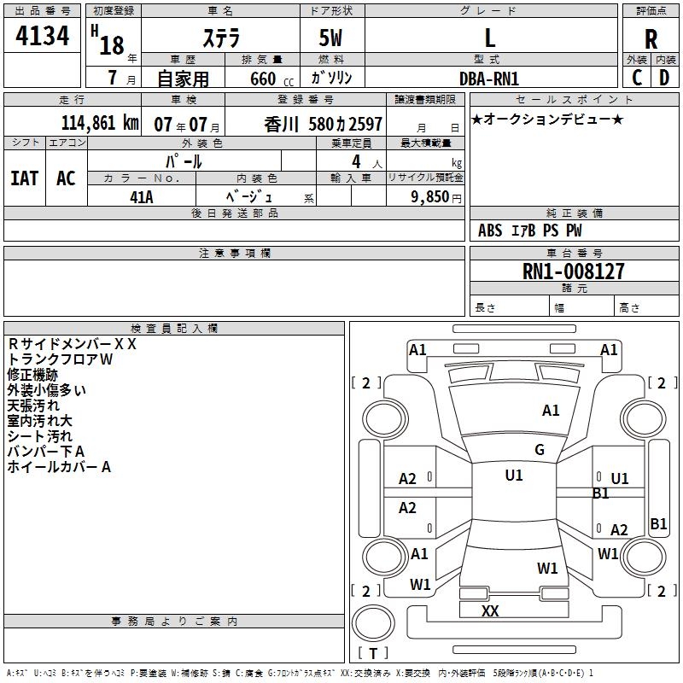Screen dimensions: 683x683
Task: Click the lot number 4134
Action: click(43, 37)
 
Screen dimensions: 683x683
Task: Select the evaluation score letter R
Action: click(651, 39)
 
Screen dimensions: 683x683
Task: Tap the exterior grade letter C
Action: click(637, 77)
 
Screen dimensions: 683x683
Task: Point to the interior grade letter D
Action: click(664, 77)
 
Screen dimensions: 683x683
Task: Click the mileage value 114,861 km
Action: click(99, 123)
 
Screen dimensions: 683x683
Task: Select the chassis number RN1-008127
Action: click(573, 271)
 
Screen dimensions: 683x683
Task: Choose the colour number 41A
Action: click(141, 197)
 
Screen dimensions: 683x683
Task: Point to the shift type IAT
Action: click(25, 178)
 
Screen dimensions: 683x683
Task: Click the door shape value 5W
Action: click(332, 38)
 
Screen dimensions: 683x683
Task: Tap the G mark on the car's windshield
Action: click(539, 450)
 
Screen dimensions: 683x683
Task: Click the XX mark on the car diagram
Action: click(490, 611)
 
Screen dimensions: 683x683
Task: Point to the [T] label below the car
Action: click(372, 654)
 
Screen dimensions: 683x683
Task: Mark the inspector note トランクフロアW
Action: click(60, 359)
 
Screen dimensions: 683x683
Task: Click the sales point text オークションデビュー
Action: click(547, 119)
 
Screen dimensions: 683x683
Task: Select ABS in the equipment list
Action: click(490, 231)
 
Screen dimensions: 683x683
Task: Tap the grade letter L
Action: click(489, 38)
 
